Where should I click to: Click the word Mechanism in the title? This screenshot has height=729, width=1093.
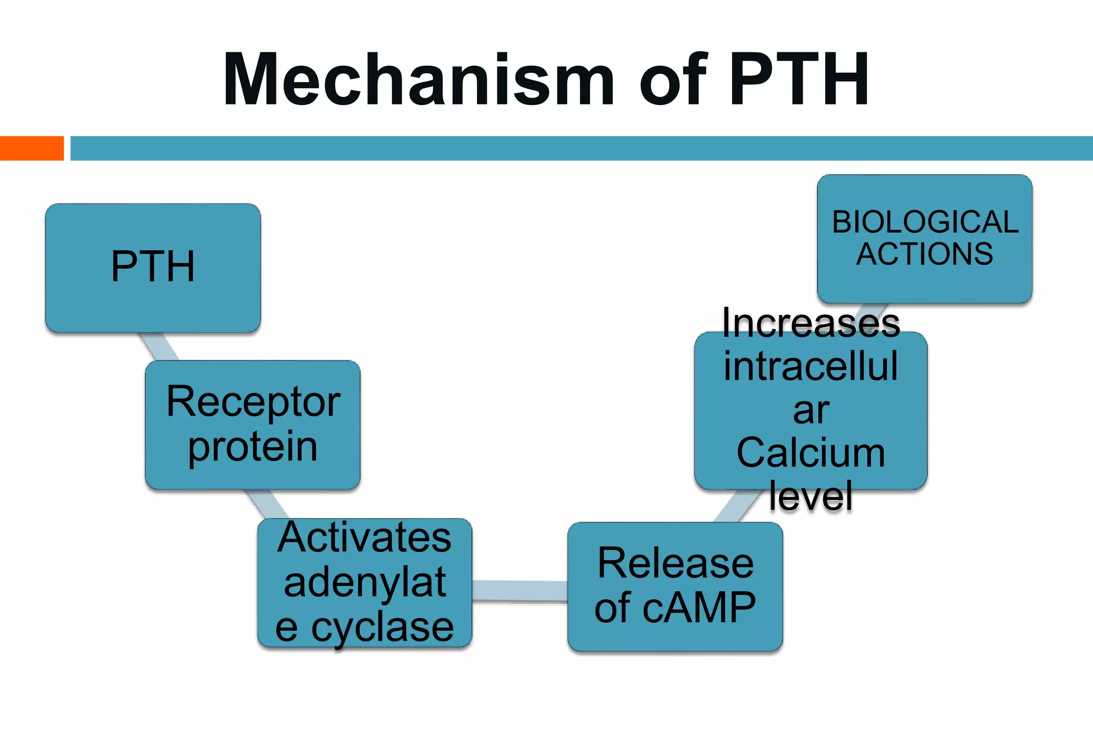pyautogui.click(x=419, y=80)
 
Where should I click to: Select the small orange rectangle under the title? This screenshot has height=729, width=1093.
pyautogui.click(x=31, y=148)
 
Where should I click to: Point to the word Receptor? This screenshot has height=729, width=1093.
pyautogui.click(x=254, y=401)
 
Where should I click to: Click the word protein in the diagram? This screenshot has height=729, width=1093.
pyautogui.click(x=252, y=447)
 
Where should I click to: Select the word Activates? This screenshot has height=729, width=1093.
pyautogui.click(x=365, y=537)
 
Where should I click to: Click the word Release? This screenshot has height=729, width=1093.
pyautogui.click(x=675, y=563)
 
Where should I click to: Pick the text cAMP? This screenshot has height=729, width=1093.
pyautogui.click(x=699, y=608)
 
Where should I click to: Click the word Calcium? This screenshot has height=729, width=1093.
pyautogui.click(x=811, y=453)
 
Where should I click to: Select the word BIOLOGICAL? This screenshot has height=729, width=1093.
pyautogui.click(x=925, y=222)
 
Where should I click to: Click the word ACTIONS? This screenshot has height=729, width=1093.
pyautogui.click(x=925, y=254)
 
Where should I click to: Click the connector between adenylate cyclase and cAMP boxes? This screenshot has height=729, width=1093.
pyautogui.click(x=520, y=591)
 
